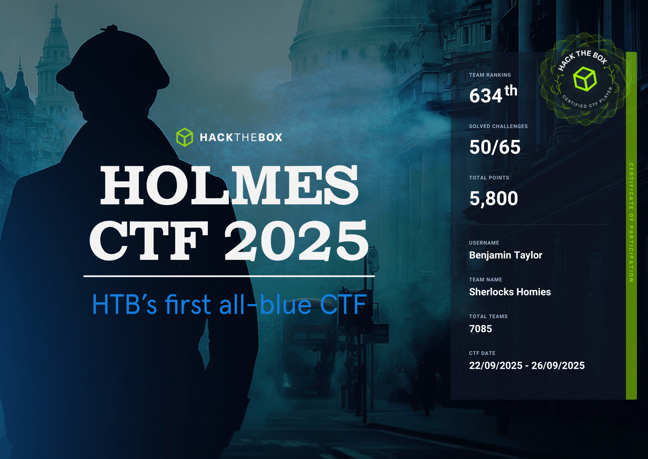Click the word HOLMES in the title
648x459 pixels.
[x=229, y=185]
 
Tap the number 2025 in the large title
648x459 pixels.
[x=296, y=240]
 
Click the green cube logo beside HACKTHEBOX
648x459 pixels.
[x=185, y=137]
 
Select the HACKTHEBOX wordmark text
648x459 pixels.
[x=241, y=138]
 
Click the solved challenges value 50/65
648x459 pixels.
[x=495, y=147]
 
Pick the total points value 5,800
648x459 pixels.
[x=494, y=198]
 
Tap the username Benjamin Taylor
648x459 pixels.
[x=506, y=255]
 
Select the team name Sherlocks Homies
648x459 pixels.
[x=510, y=292]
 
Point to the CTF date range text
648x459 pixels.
[x=527, y=365]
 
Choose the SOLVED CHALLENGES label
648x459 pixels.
[x=498, y=126]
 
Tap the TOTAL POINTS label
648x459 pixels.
[x=489, y=178]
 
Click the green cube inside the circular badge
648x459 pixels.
[x=585, y=79]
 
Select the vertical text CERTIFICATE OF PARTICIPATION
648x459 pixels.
[x=631, y=222]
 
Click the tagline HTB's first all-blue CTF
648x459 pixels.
[x=229, y=305]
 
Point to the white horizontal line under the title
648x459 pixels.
[x=229, y=276]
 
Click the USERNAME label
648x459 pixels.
[x=484, y=243]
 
